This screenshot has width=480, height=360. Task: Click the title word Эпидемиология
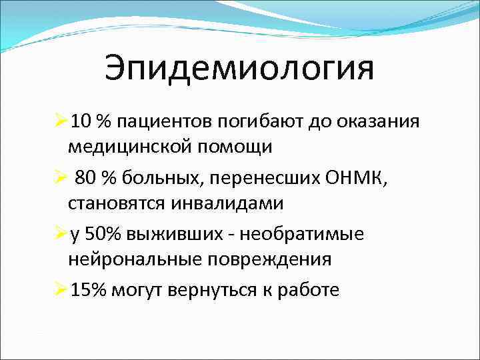(239, 69)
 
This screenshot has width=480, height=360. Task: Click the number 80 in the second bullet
(87, 178)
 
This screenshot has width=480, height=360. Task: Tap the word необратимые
(317, 234)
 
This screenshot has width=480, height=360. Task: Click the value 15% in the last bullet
(89, 290)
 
